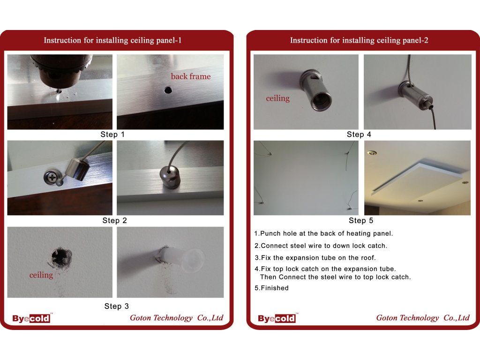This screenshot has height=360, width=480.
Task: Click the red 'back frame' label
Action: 191,76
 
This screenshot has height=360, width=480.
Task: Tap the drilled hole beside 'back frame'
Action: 168,90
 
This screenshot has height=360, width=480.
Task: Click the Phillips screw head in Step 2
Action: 51,178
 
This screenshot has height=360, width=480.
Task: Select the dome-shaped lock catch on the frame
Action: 170,178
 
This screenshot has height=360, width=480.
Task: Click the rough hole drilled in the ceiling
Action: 61,257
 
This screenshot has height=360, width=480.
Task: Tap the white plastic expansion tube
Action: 180,260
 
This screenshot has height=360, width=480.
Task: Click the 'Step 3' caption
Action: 117,306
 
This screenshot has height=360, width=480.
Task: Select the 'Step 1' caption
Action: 112,135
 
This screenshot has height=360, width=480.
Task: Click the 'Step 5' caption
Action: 361,220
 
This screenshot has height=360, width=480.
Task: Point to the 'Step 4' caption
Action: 359,135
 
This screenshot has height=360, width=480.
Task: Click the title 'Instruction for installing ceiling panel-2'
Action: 359,40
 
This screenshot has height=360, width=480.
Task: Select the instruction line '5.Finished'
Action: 271,288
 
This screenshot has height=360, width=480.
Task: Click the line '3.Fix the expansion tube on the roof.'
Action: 315,258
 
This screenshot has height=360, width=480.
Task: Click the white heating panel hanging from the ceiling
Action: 420,178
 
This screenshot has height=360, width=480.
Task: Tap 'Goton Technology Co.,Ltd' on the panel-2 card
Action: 423,318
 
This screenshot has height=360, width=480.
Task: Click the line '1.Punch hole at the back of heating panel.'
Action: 323,233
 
